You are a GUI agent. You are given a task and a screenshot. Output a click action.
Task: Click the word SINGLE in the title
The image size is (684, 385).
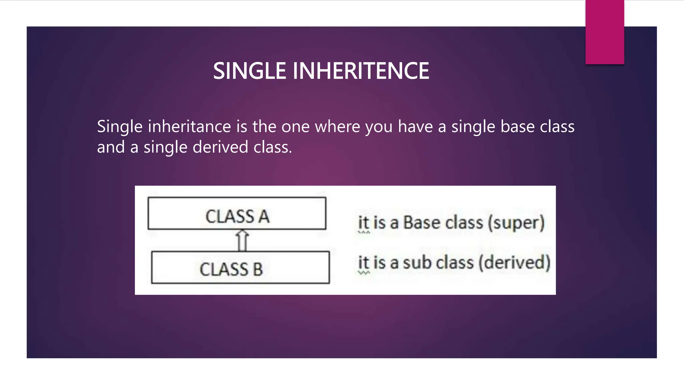point(249,71)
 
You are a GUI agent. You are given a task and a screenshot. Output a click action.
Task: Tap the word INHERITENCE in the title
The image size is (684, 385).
point(361,71)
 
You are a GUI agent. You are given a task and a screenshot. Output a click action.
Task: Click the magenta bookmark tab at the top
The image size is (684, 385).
point(605,32)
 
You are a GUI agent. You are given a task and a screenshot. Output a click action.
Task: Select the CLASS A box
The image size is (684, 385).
point(237,213)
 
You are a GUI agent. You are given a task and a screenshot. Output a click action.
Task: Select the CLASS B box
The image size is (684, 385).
point(240,267)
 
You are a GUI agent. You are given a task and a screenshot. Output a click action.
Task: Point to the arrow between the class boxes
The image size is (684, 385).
point(242,240)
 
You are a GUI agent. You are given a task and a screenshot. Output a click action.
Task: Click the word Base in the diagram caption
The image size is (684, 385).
point(422,223)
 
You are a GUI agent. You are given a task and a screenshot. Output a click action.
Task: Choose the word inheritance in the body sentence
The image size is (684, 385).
point(189,127)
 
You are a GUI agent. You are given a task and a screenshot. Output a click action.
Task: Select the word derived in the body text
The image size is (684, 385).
point(220,147)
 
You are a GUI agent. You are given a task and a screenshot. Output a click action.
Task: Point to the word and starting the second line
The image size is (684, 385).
point(111,147)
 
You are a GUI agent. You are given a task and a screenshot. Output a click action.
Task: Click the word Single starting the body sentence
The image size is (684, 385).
point(120,127)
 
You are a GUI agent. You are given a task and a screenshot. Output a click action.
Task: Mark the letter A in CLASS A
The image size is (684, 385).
point(264,217)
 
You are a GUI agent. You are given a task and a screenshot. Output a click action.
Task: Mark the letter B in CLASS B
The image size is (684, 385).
point(258,269)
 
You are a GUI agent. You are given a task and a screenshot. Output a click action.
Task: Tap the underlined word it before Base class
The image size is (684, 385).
point(363,223)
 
